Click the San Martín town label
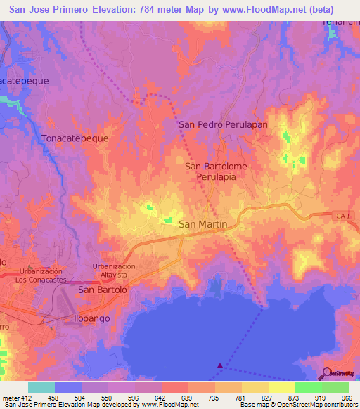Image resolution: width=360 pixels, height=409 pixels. point(203,224)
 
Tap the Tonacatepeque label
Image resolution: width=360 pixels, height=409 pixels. point(75,138)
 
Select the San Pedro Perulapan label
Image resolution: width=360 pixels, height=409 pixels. point(224,124)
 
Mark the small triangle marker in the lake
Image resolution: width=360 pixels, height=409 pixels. point(221,365)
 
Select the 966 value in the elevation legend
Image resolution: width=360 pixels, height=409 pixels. point(345,397)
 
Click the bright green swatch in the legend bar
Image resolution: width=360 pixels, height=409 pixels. point(309,387)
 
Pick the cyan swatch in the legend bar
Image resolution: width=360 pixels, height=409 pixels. point(41,387)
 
